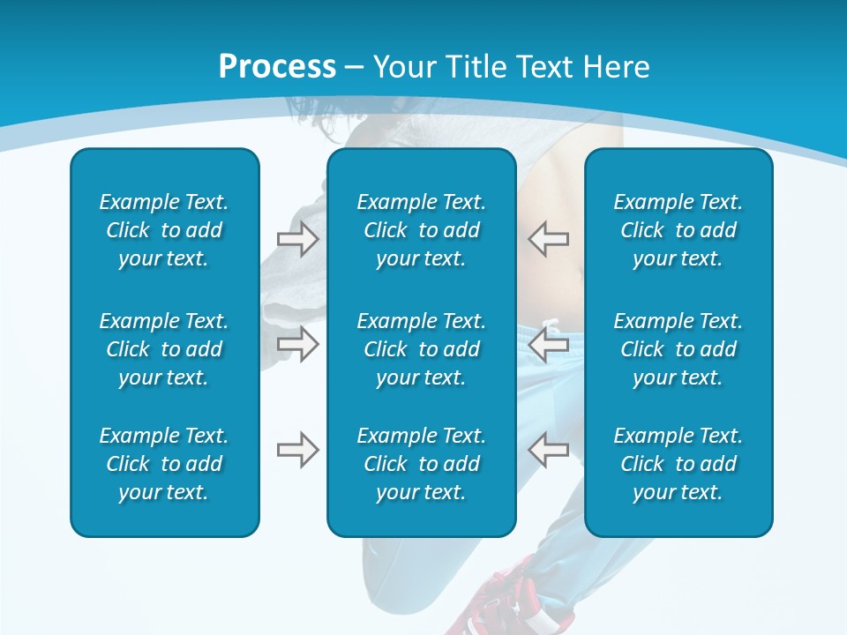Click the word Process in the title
point(277,67)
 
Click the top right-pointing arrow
point(297,239)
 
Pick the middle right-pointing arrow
point(297,344)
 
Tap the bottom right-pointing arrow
point(297,450)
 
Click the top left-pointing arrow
point(549,239)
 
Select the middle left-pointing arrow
point(549,344)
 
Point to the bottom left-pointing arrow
point(549,450)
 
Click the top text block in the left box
point(164,230)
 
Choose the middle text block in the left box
point(164,349)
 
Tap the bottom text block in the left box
point(164,464)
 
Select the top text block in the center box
point(421,230)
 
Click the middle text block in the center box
point(421,349)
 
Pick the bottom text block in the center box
point(421,464)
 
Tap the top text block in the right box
point(678,230)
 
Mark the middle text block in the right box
point(678,349)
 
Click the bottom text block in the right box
point(678,464)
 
